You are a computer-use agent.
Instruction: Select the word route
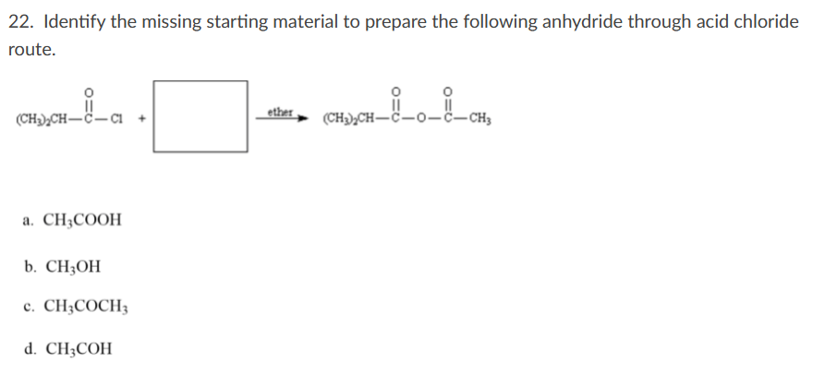click(x=30, y=51)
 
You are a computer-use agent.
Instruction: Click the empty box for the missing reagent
click(x=200, y=116)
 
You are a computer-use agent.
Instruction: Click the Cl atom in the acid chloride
click(x=116, y=118)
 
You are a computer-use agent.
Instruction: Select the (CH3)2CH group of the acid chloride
click(x=42, y=118)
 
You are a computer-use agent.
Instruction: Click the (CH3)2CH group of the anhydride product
click(x=349, y=119)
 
